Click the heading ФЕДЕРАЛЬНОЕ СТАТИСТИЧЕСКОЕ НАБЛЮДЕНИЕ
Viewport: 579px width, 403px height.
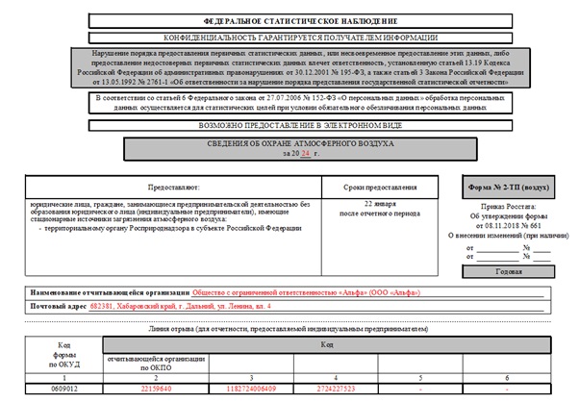289,20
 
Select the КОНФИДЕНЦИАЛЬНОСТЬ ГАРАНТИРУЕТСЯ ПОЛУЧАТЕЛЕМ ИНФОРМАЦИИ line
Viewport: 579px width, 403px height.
289,38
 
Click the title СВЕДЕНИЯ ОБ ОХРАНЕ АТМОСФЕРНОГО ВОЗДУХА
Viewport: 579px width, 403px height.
289,144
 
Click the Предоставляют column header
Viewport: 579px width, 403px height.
172,187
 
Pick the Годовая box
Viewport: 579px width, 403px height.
509,271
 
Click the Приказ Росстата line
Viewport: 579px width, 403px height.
509,207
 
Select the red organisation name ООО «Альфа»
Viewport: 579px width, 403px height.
306,291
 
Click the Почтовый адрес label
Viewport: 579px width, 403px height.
57,306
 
